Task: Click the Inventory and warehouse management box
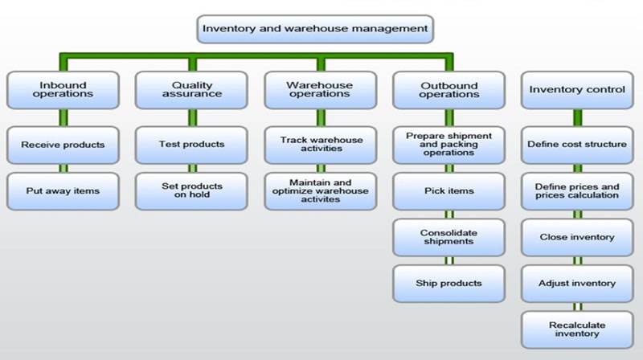[314, 29]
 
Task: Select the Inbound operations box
[63, 90]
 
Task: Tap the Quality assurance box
[191, 90]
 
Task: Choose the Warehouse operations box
[320, 90]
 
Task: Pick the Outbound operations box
[448, 90]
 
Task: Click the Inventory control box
[576, 90]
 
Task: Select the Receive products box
[63, 145]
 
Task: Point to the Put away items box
[63, 191]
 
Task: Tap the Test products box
[191, 145]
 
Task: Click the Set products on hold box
[191, 191]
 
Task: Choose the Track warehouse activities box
[320, 145]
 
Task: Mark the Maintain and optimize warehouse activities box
[320, 191]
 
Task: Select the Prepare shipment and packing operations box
[448, 145]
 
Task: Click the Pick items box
[448, 191]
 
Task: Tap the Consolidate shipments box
[448, 237]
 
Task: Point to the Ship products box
[448, 283]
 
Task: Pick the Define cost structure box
[576, 145]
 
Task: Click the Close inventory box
[576, 237]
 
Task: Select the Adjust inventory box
[576, 283]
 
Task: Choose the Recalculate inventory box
[576, 329]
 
